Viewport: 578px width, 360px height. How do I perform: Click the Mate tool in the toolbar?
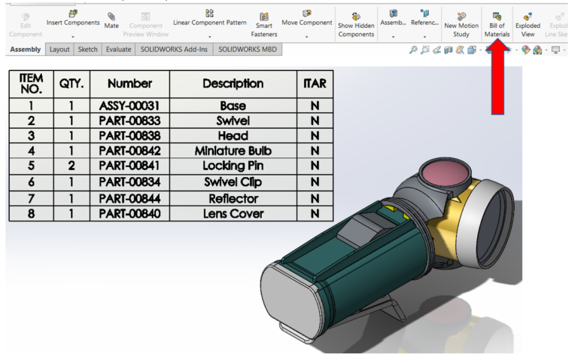(x=111, y=20)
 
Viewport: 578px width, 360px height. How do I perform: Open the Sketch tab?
(x=87, y=49)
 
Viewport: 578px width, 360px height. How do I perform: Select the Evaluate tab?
(x=118, y=49)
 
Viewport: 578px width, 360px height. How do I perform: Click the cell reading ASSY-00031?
(x=129, y=106)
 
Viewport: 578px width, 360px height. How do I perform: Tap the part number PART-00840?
(x=129, y=213)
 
